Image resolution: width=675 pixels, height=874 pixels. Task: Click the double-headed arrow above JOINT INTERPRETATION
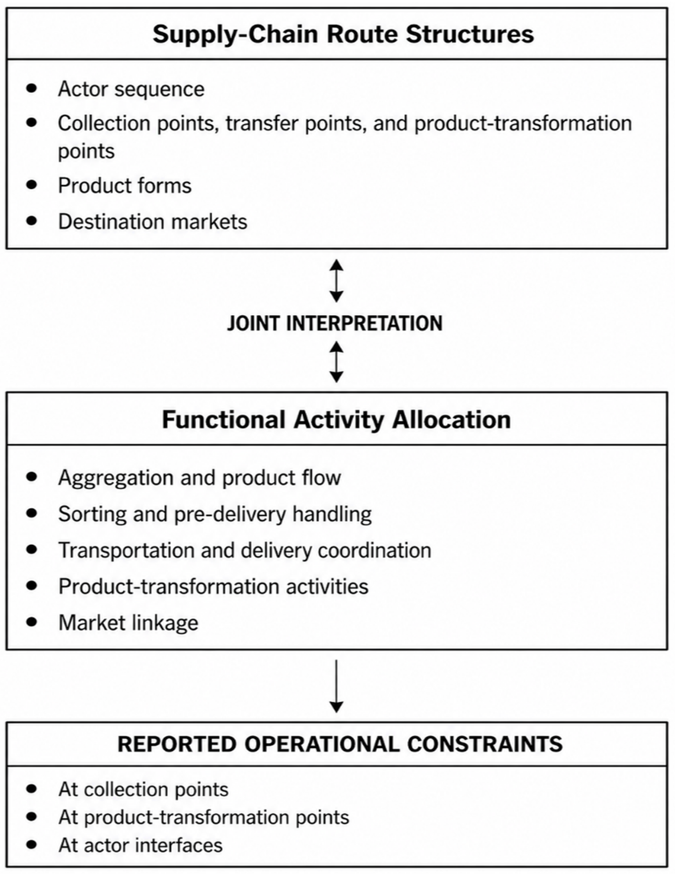[x=336, y=281]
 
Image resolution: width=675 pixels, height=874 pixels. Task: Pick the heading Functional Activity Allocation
[x=336, y=420]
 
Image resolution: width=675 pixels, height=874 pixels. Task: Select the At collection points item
[x=143, y=790]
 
